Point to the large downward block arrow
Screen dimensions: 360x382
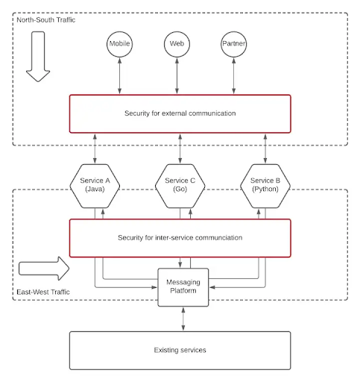(x=38, y=57)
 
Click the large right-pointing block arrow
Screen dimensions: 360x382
(x=44, y=269)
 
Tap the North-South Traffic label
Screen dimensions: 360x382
(x=46, y=20)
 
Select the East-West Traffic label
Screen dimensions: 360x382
(x=43, y=292)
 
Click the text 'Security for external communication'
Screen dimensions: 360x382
(x=180, y=113)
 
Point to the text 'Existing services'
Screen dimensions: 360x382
(x=180, y=350)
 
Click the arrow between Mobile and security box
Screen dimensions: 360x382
(x=119, y=76)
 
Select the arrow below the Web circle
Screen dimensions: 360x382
(x=177, y=76)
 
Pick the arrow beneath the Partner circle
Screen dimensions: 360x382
(x=234, y=76)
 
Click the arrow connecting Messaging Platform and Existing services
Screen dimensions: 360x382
(x=183, y=319)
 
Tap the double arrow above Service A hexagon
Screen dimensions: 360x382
(x=95, y=148)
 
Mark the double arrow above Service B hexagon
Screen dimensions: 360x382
(x=265, y=148)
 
